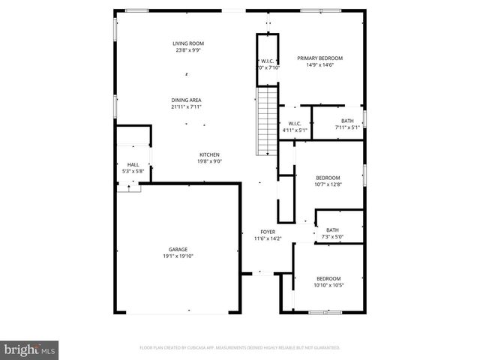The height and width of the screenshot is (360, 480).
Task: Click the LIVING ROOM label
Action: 189,43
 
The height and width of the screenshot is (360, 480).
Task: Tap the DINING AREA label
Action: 186,100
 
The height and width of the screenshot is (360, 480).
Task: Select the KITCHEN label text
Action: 209,154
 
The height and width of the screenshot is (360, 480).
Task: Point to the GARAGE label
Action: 178,250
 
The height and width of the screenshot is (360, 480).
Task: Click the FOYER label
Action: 268,232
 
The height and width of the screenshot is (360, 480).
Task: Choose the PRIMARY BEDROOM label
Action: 319,58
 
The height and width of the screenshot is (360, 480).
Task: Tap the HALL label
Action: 133,164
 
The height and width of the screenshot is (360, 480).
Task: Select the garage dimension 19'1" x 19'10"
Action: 178,256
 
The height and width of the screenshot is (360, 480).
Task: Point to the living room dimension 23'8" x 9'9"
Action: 189,50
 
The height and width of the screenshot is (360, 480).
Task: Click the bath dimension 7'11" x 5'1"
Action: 347,127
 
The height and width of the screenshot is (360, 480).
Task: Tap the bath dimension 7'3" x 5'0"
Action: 332,237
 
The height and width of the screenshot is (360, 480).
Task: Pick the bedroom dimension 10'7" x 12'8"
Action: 328,184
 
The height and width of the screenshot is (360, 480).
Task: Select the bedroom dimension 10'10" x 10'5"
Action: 328,285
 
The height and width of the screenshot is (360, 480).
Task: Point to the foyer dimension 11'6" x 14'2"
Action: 268,238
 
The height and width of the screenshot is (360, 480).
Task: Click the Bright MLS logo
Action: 29,349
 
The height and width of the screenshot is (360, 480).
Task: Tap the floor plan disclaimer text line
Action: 240,348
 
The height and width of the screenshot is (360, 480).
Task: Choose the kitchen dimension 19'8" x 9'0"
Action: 209,161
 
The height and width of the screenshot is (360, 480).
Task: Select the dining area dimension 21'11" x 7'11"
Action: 186,106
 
